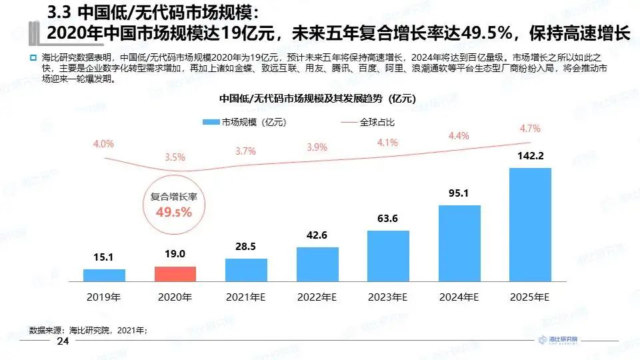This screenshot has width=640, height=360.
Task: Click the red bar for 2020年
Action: pos(175,274)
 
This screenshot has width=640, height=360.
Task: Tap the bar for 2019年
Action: pos(104,275)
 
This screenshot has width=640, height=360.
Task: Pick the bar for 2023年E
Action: pos(388,255)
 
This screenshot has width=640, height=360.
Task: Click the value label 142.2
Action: pos(530,157)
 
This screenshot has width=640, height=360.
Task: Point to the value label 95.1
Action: pos(459,195)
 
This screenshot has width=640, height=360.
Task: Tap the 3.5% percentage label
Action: pos(175,157)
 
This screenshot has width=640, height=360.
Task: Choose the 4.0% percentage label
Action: pos(103,143)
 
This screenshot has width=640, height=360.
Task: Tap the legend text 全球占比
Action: pos(377,122)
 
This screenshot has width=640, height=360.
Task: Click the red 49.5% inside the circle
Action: pos(174,212)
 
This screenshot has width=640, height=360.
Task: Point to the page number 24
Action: pos(64,341)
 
